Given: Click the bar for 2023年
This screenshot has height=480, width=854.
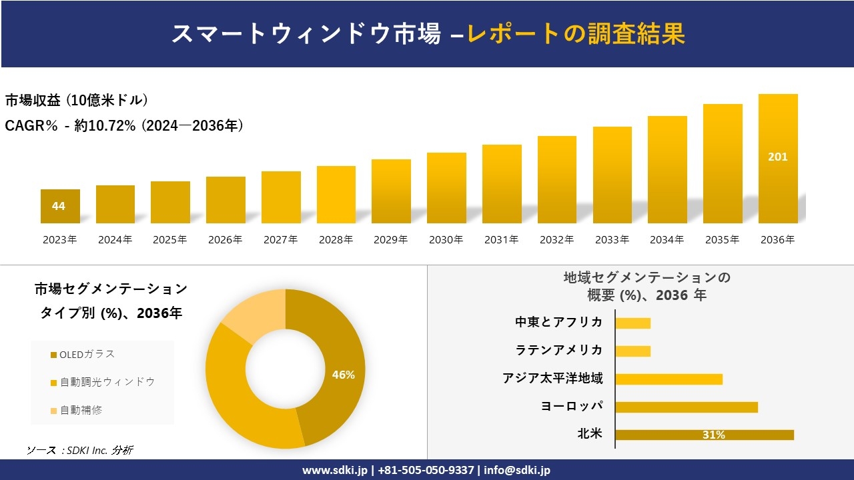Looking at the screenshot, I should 60,207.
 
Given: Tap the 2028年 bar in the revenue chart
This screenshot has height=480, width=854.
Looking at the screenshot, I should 336,195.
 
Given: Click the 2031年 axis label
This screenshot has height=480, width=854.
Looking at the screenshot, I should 501,240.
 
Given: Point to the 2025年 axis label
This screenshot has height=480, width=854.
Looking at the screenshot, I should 170,240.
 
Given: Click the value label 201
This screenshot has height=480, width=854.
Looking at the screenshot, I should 777,157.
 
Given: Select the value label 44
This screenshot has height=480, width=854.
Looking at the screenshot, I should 59,206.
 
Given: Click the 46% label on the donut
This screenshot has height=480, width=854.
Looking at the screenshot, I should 344,375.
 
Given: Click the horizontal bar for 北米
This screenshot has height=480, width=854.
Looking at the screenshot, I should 704,435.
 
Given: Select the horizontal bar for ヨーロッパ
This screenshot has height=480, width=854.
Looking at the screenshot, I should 686,407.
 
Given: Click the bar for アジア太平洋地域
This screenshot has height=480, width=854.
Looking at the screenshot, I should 669,379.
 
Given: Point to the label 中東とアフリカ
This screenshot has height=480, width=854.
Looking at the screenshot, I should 558,323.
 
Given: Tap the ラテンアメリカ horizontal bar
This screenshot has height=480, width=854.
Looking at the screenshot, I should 632,351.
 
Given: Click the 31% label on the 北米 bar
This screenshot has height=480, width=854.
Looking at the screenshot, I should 713,435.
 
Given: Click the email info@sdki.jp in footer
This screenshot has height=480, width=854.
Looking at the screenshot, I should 518,470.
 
